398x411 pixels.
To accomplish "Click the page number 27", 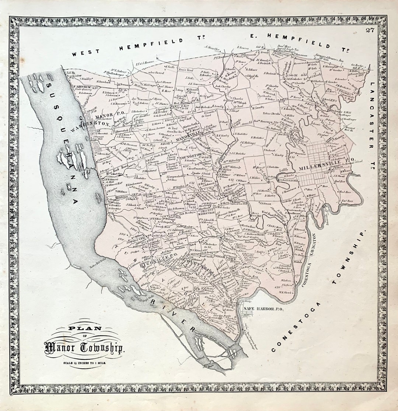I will pos(370,30).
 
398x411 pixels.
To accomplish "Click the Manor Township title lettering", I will pos(84,347).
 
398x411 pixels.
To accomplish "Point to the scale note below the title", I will pos(84,362).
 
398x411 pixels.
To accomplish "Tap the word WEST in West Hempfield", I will pos(85,53).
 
